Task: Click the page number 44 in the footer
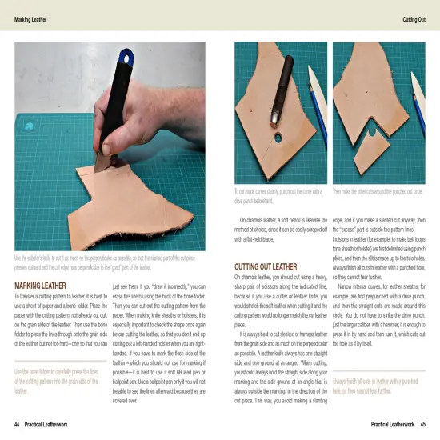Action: (17, 424)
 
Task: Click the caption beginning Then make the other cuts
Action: (376, 192)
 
